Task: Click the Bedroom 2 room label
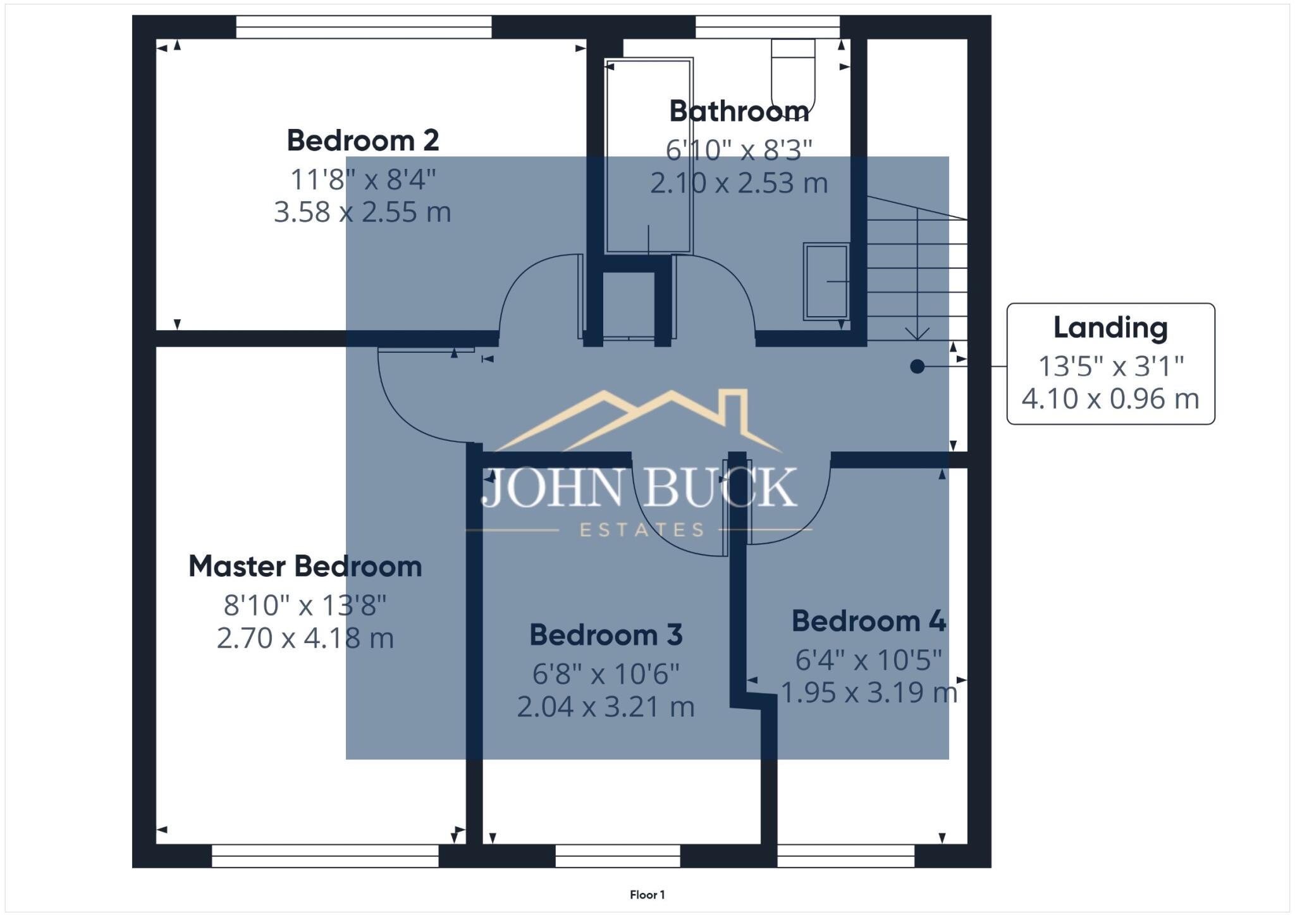(363, 140)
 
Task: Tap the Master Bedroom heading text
(305, 566)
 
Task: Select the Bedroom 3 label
(606, 635)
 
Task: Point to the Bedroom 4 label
(869, 621)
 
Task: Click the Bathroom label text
(739, 111)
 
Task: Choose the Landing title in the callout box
(1110, 328)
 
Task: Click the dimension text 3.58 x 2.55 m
(362, 212)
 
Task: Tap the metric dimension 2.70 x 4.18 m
(305, 638)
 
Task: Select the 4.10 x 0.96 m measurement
(1110, 399)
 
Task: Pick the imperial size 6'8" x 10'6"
(606, 674)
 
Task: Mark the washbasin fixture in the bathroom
(826, 281)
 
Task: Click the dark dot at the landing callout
(917, 366)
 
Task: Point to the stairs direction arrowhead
(917, 334)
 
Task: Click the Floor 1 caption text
(647, 894)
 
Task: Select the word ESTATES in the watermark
(641, 530)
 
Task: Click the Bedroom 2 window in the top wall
(364, 27)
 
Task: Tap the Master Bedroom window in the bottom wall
(325, 856)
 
